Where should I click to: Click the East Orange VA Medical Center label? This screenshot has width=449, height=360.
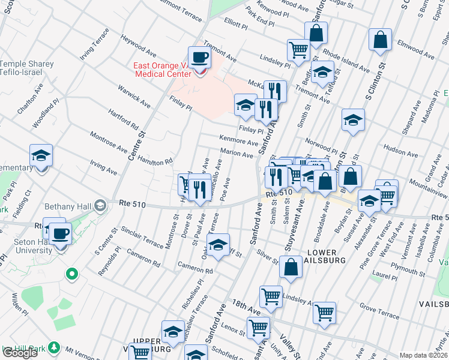162,70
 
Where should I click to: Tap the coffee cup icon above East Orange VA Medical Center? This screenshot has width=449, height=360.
200,58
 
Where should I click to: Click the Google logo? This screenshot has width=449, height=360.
20,353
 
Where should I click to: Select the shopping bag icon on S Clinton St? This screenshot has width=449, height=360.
381,41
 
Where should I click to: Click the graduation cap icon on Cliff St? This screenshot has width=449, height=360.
218,245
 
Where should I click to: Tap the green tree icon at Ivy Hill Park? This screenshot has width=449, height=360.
54,347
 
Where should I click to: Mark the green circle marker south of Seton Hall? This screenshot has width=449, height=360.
72,275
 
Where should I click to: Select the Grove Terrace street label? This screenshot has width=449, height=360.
379,313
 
